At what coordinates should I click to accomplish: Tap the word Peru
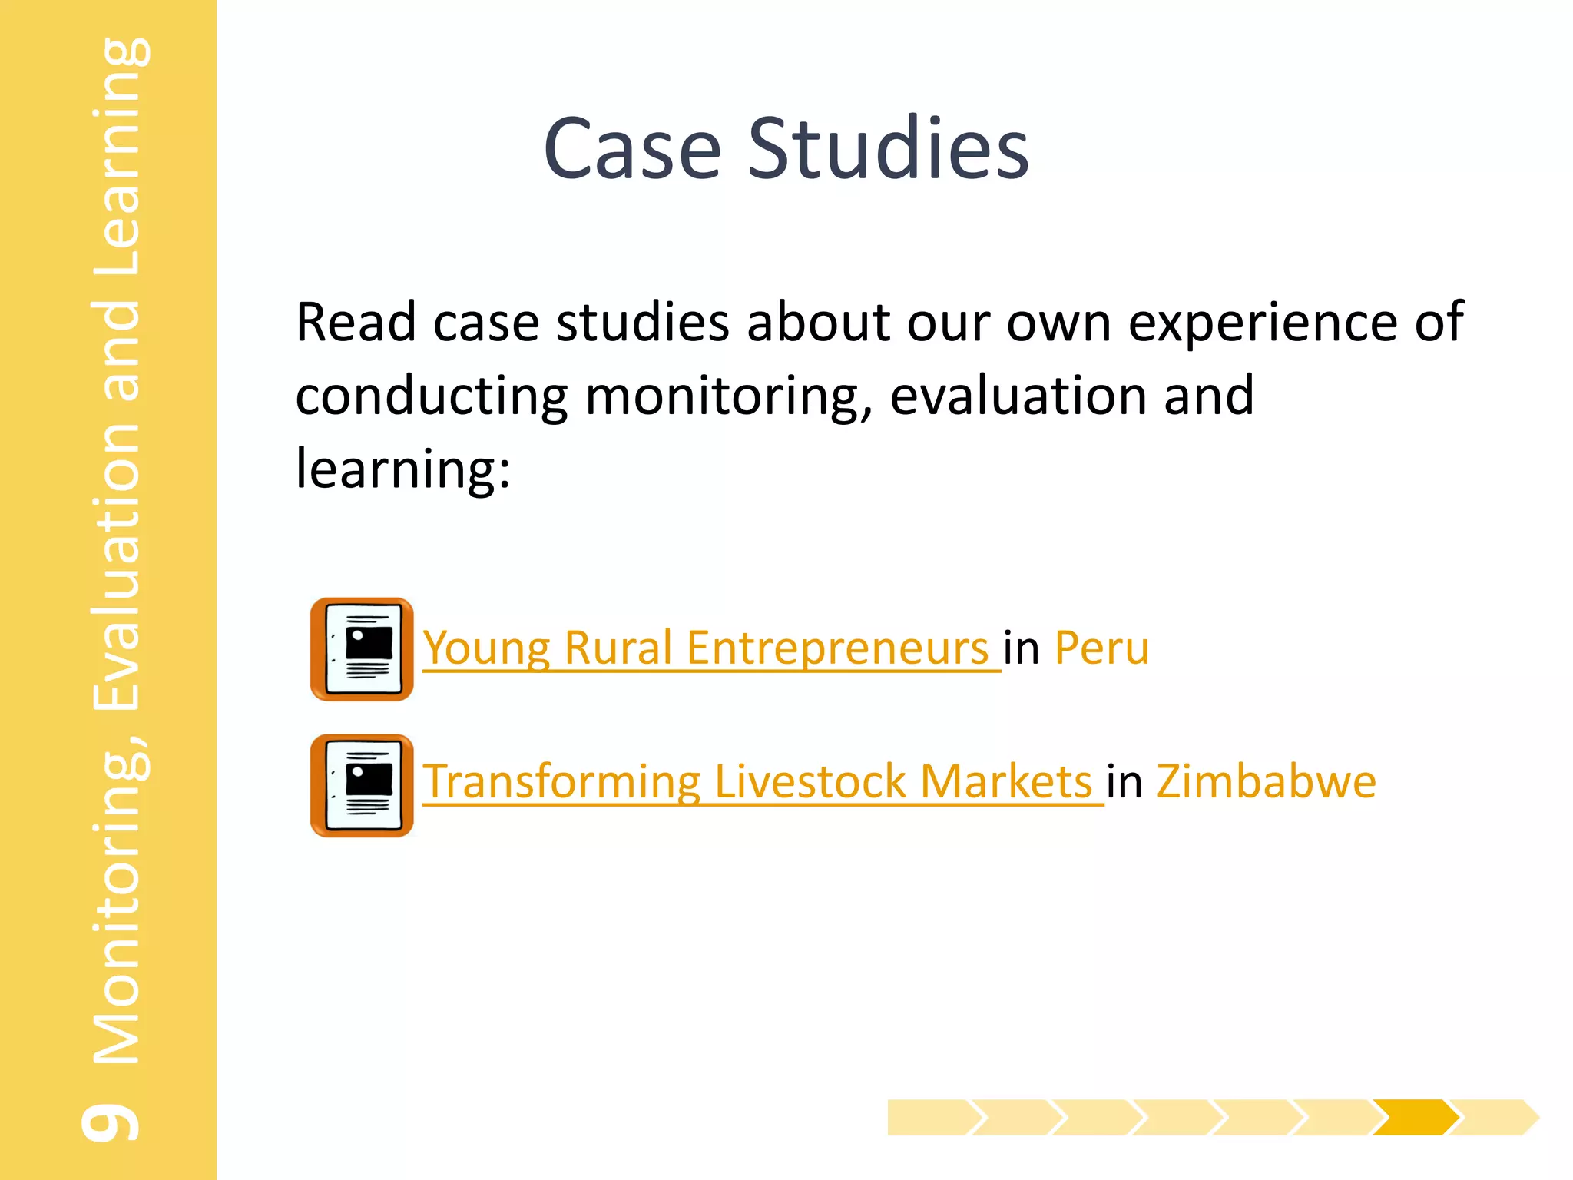(x=1101, y=648)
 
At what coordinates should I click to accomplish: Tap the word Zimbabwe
(x=1266, y=781)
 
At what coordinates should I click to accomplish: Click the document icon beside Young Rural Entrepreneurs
(x=362, y=649)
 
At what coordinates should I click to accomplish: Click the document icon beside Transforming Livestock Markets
(x=362, y=785)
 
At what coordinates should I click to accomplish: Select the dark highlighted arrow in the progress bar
(x=1415, y=1117)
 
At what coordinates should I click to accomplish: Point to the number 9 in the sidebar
(x=112, y=1123)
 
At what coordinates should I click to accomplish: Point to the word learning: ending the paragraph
(x=403, y=468)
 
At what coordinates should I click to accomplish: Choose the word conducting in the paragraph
(x=431, y=396)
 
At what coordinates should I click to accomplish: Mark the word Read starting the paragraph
(x=356, y=322)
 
